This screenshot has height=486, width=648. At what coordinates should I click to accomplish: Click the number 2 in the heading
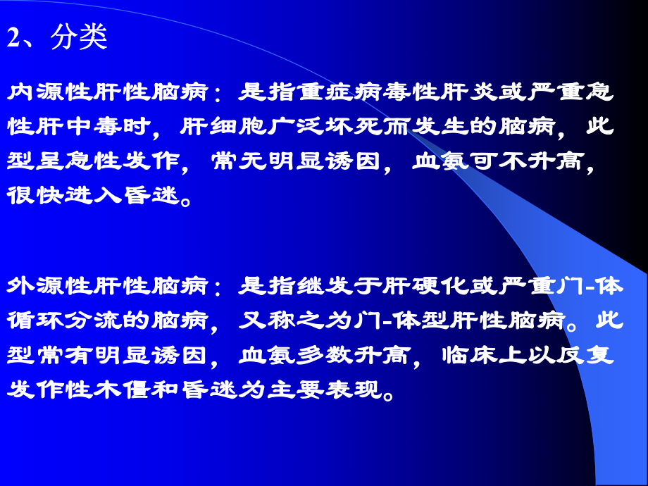click(15, 38)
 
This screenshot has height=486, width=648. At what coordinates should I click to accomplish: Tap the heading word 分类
click(79, 38)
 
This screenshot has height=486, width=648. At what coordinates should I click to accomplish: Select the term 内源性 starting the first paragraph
click(42, 93)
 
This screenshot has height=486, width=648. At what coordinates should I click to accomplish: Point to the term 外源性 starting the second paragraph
click(42, 287)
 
